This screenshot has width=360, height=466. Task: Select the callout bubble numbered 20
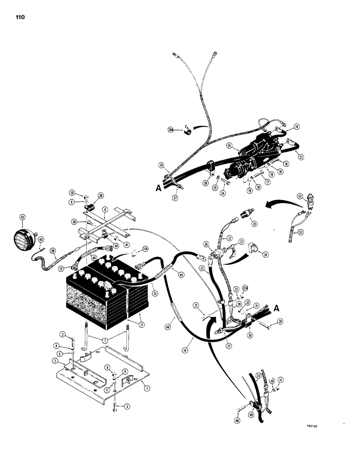click(101, 196)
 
